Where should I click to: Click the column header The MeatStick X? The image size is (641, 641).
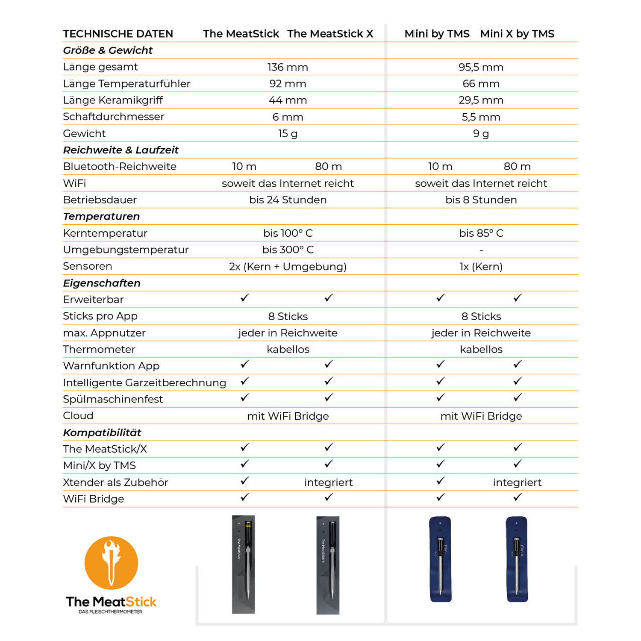pos(330,34)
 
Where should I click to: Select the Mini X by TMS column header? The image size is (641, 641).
pos(517,34)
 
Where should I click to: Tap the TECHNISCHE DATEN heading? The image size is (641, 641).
pos(118,34)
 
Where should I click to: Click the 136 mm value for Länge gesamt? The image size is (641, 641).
pos(288,67)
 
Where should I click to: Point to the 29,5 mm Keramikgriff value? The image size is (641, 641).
pos(481,100)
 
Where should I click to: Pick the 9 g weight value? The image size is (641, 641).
pos(481,133)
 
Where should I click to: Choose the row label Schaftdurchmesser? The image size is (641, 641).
pos(113,117)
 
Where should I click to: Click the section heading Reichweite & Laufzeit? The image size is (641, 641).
pos(121,150)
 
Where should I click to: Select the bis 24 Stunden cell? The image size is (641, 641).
pos(288,200)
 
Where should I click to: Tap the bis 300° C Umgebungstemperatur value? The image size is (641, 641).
pos(288,250)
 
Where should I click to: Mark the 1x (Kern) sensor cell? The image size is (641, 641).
pos(481,267)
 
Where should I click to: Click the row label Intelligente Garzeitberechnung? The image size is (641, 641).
pos(144,382)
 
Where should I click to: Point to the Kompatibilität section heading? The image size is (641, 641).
pos(102,432)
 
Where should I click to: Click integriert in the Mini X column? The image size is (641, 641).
pos(517,482)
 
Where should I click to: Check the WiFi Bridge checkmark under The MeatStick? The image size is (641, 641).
pos(244,497)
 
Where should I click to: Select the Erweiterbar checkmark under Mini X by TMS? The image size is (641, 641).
pos(518,298)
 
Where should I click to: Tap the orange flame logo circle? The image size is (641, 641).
pos(111,563)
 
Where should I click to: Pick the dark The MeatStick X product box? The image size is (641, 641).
pos(328,565)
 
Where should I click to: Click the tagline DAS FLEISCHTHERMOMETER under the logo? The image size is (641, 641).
pos(111,612)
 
